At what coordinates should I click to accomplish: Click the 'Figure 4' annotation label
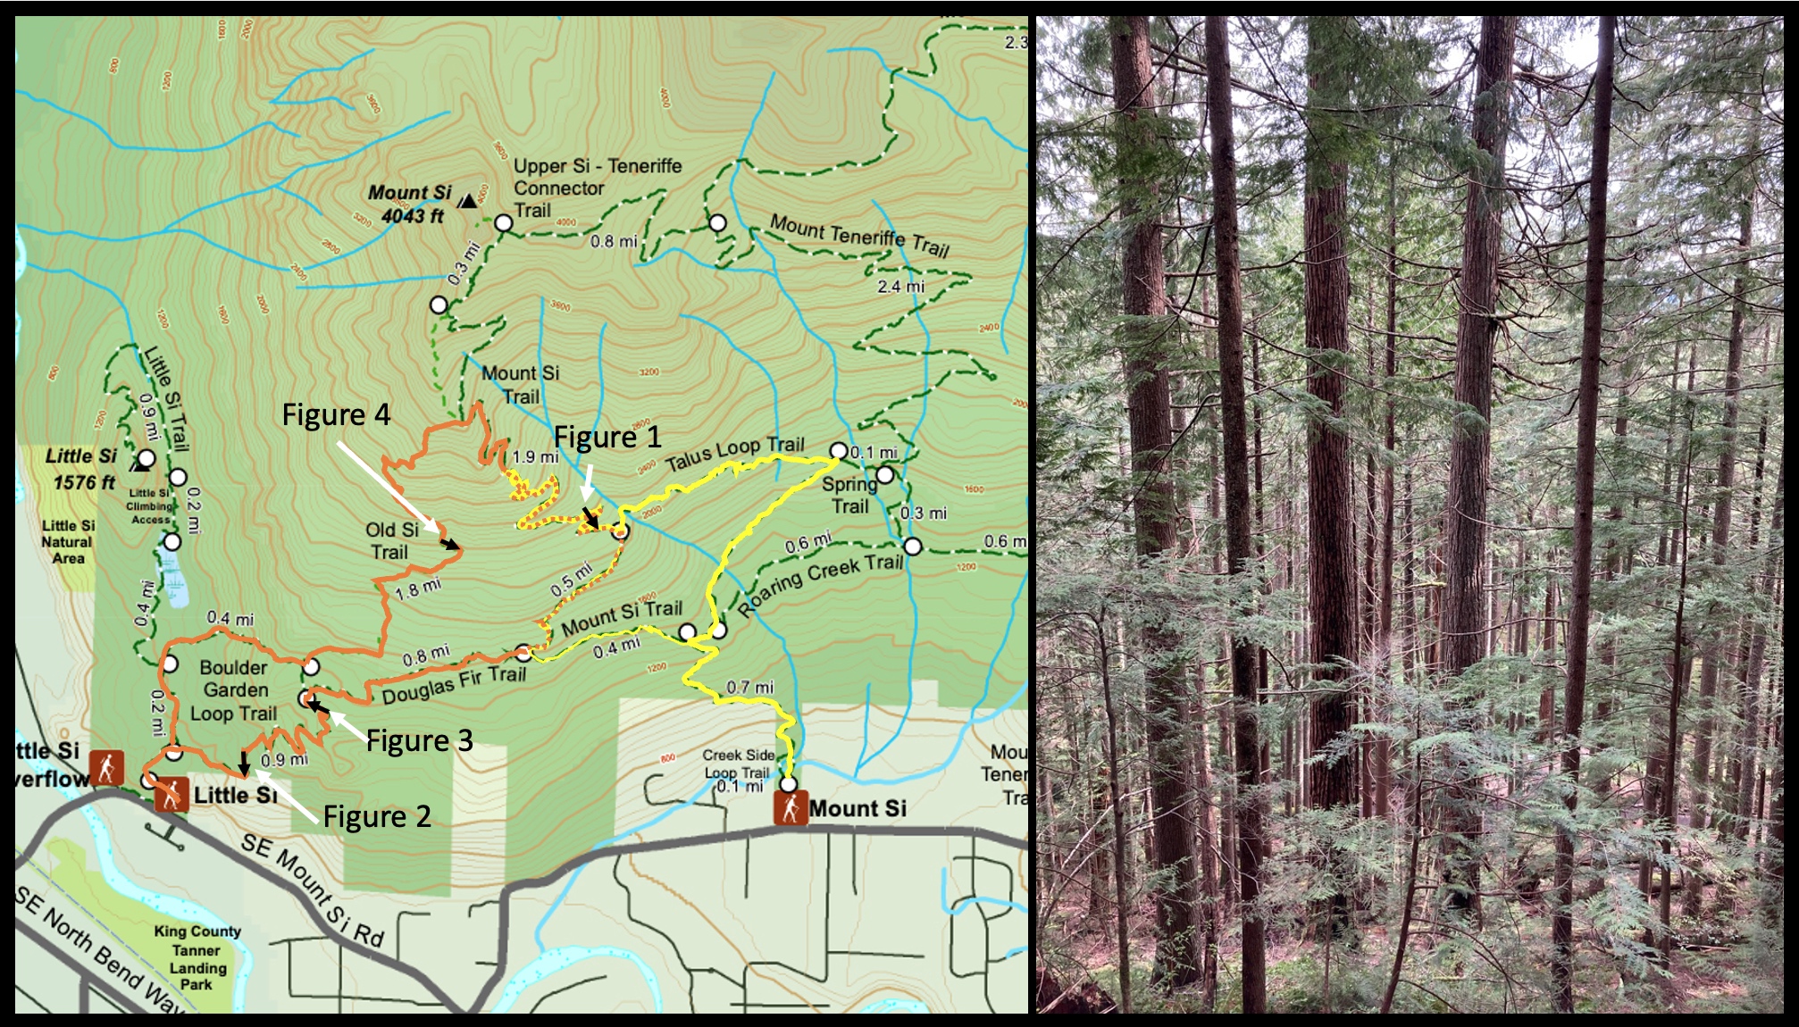click(x=336, y=415)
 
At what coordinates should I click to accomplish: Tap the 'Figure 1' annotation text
click(x=607, y=438)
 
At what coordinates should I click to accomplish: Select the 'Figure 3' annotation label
click(x=419, y=740)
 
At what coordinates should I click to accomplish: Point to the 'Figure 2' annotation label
click(x=377, y=816)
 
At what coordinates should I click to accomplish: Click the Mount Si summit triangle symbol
click(x=467, y=201)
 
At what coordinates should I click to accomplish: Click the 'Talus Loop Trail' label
click(x=735, y=453)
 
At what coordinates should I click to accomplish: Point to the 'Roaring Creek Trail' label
click(x=821, y=585)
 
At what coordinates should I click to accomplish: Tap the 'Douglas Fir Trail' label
click(x=454, y=685)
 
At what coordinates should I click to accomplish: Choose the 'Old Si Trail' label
click(x=391, y=541)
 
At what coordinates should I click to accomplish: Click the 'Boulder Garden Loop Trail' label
click(x=234, y=690)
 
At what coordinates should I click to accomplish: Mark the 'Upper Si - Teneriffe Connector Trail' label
click(x=596, y=188)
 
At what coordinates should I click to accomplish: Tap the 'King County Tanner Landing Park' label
click(x=197, y=957)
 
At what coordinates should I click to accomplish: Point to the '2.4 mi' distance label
click(x=900, y=287)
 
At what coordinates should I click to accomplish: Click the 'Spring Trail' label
click(x=849, y=495)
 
